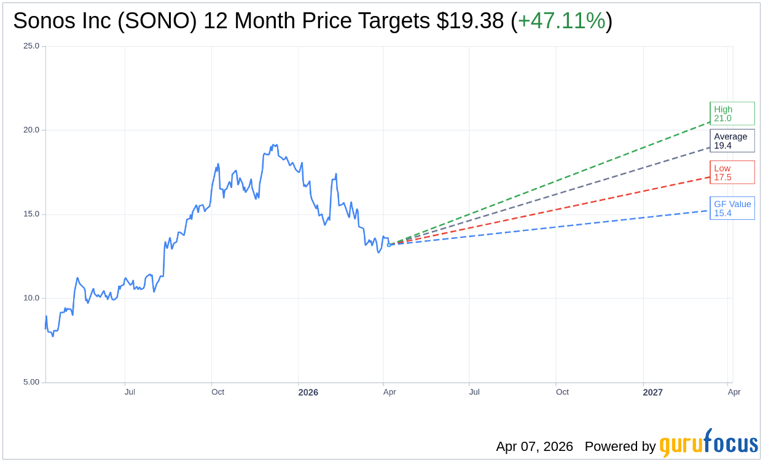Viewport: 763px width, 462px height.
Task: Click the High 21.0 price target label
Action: (x=732, y=114)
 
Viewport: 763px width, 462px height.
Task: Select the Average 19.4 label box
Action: (x=732, y=141)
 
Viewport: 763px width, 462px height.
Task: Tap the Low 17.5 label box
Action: (x=732, y=173)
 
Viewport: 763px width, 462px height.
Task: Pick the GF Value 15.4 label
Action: (x=732, y=208)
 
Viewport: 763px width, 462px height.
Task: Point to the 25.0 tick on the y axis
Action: (x=31, y=46)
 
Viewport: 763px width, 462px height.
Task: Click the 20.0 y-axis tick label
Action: (x=31, y=130)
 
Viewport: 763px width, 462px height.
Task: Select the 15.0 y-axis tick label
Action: (x=31, y=214)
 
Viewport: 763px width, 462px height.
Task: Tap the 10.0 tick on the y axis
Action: (x=31, y=298)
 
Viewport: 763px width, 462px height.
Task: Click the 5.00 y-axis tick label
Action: (x=31, y=382)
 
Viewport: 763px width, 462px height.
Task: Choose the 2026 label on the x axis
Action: (x=308, y=393)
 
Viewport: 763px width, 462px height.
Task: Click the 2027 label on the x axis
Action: (x=653, y=393)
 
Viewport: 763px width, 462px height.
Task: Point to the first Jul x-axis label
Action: (x=130, y=392)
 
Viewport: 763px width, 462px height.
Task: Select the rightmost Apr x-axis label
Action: (x=734, y=392)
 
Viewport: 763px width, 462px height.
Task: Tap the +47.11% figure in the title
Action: (x=561, y=21)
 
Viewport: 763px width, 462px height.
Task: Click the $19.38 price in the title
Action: (x=471, y=21)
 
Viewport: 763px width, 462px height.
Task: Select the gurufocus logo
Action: (x=708, y=444)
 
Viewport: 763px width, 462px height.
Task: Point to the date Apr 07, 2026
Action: (x=534, y=447)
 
